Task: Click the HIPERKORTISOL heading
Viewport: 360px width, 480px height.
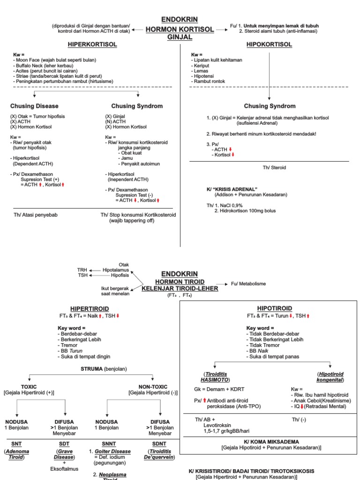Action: click(x=92, y=45)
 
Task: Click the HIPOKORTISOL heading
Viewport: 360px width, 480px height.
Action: click(x=269, y=45)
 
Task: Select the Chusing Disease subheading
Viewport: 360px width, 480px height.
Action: click(x=34, y=106)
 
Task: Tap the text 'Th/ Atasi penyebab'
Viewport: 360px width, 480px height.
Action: click(x=36, y=215)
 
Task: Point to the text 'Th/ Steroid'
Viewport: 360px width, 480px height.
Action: click(x=274, y=167)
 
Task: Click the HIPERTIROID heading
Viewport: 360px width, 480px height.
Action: click(x=90, y=308)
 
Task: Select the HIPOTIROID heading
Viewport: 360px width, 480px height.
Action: click(x=274, y=308)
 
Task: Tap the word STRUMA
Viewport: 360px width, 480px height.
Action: click(x=91, y=369)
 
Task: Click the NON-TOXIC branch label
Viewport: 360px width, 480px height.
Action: click(x=153, y=387)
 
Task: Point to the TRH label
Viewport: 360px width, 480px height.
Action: click(x=82, y=270)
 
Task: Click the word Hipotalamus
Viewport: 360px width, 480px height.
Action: click(x=116, y=270)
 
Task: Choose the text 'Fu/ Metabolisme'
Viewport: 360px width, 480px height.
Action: click(x=248, y=284)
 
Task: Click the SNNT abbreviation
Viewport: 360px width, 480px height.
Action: click(x=109, y=443)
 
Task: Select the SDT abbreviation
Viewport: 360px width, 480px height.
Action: click(x=64, y=443)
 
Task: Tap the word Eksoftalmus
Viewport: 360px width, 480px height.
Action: click(x=64, y=469)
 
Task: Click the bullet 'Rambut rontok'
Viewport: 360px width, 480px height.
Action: click(x=208, y=82)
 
